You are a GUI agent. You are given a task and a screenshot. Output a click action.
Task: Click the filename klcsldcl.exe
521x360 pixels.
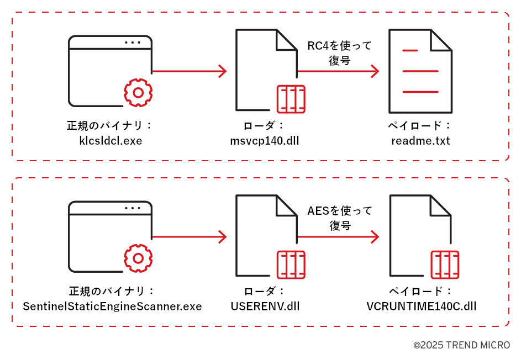[x=110, y=141]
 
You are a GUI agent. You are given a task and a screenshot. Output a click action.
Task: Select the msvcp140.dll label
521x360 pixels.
[x=265, y=141]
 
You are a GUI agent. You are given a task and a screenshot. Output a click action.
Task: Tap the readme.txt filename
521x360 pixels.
[x=420, y=141]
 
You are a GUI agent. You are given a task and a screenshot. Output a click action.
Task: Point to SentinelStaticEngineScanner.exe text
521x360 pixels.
[x=112, y=306]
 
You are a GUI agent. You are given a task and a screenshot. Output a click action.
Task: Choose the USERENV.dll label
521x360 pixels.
[x=265, y=306]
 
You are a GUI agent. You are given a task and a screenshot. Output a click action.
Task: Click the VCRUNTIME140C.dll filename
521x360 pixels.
[x=421, y=306]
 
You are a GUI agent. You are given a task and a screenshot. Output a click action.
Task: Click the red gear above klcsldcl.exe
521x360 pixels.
[x=138, y=93]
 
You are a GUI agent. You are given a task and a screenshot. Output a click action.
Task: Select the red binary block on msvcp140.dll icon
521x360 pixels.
[x=291, y=99]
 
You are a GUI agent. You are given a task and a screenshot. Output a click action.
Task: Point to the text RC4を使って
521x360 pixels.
[x=340, y=46]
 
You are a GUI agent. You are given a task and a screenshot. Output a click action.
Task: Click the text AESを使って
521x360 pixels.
[x=340, y=211]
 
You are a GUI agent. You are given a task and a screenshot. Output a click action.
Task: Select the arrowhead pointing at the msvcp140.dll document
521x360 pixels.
[x=223, y=71]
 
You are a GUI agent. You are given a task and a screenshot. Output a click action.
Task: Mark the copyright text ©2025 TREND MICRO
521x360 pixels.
[x=461, y=345]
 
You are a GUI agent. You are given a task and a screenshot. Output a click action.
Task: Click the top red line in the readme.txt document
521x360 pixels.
[x=410, y=51]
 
